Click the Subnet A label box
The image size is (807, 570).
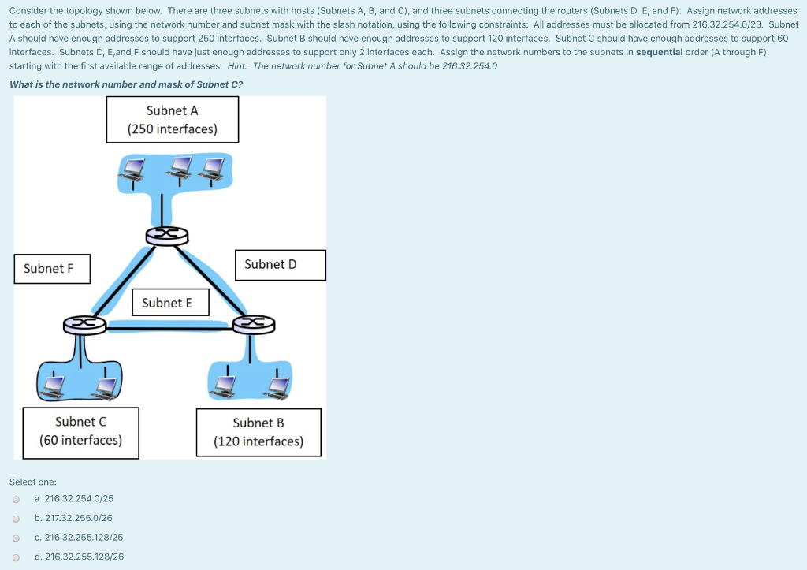point(172,120)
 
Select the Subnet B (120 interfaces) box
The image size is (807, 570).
point(258,432)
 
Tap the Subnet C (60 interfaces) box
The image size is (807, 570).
point(81,431)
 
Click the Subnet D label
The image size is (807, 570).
point(280,265)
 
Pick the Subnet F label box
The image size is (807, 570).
point(51,269)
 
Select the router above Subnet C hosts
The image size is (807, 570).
point(84,324)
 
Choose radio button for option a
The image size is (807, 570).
point(16,499)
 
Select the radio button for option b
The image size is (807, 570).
point(16,519)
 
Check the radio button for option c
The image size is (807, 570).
point(16,538)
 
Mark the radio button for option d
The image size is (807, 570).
point(16,557)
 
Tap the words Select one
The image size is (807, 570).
point(32,482)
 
